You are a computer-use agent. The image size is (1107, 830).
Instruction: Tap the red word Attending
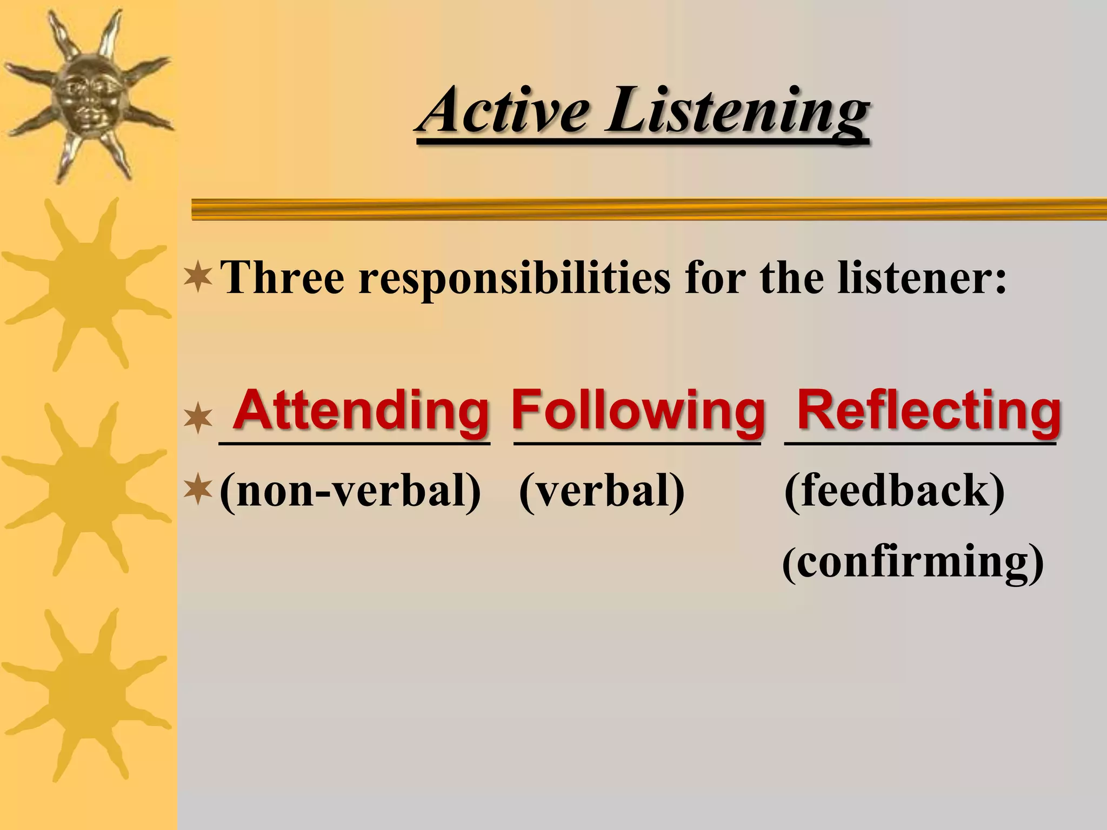[x=361, y=411]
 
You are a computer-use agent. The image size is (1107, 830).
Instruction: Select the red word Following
[x=638, y=411]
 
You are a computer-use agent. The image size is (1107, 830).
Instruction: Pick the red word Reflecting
[x=929, y=411]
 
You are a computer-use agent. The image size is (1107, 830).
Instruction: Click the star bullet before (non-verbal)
[x=198, y=489]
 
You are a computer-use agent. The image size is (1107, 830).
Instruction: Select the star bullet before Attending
[x=198, y=418]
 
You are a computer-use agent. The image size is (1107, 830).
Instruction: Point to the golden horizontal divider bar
[x=649, y=209]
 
